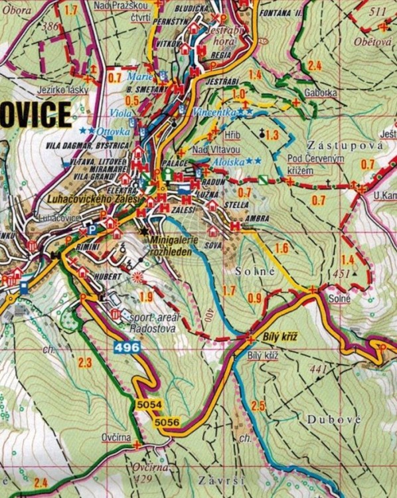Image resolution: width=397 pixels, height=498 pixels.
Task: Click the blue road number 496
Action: (x=126, y=347)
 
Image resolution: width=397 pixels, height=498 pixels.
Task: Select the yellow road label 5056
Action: (x=166, y=422)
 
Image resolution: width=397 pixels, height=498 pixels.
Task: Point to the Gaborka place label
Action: (x=321, y=93)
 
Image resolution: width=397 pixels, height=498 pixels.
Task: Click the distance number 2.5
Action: (x=258, y=405)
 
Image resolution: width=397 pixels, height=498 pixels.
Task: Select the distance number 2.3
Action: (x=84, y=362)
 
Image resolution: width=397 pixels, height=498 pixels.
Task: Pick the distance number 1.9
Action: (x=147, y=296)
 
